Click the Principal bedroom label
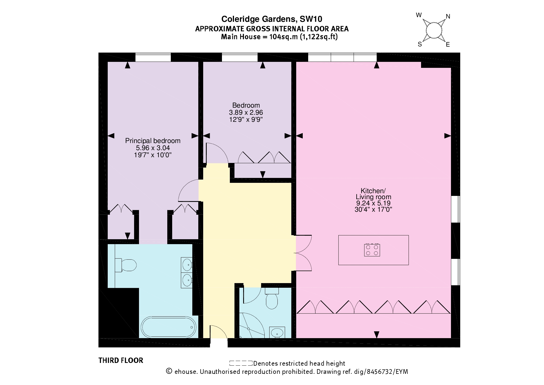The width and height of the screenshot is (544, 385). [153, 141]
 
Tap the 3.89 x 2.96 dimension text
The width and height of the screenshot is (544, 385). [246, 113]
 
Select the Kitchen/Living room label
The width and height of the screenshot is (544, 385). [373, 194]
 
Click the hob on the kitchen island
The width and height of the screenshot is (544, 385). [372, 250]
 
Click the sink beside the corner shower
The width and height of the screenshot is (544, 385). [277, 332]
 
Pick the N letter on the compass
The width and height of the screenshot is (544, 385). [448, 17]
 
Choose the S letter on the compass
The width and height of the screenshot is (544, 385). [420, 44]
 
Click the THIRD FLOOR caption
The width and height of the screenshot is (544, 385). [121, 360]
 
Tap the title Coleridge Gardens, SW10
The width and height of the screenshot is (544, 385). [272, 19]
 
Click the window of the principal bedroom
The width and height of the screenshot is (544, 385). [153, 57]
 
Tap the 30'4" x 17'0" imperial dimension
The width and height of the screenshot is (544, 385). [373, 210]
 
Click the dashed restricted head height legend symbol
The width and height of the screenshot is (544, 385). [241, 363]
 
